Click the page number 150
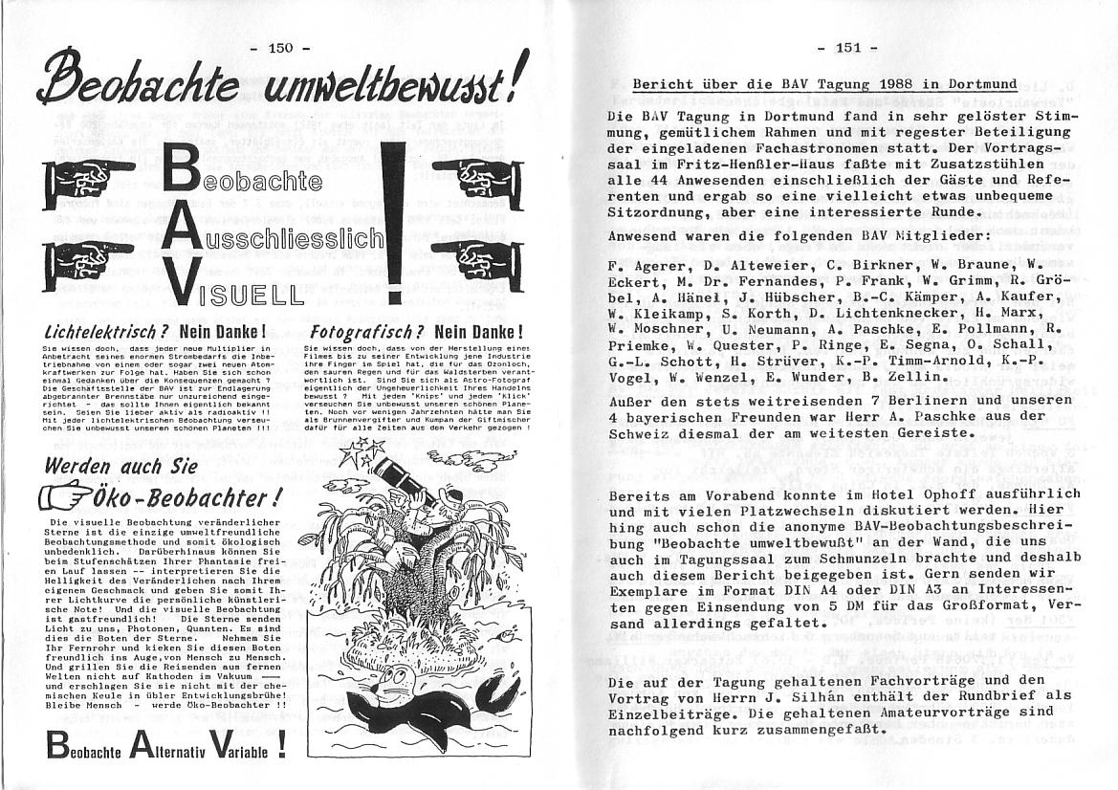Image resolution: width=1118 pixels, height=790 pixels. [280, 47]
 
